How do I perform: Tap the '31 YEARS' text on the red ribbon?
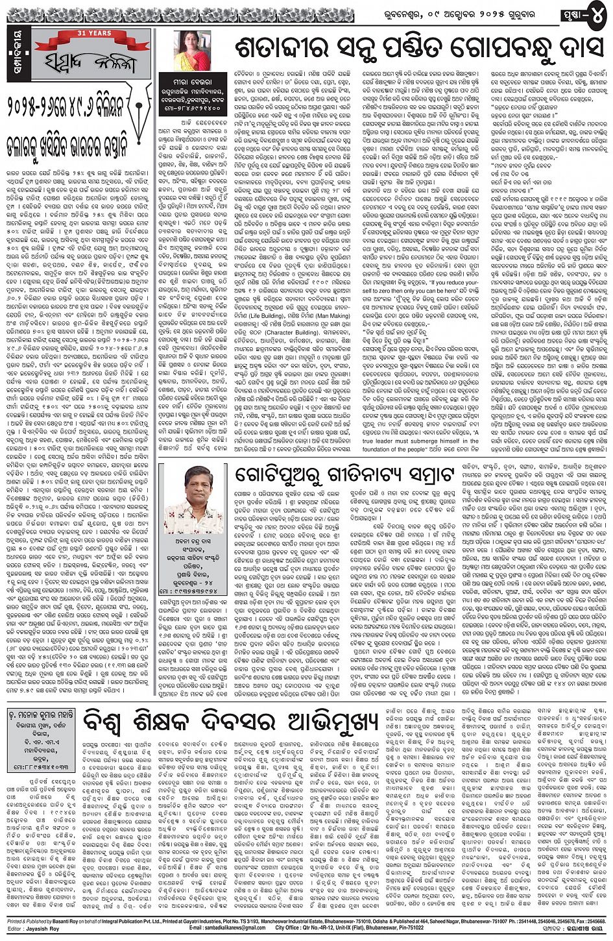[x=85, y=33]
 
